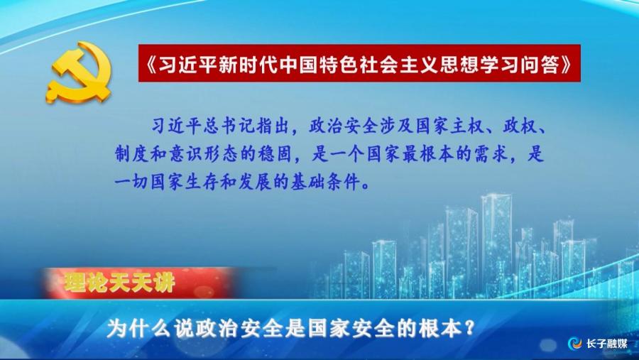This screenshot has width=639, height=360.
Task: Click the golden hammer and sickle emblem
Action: coord(78,72)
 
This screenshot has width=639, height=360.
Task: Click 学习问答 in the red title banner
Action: coord(519,64)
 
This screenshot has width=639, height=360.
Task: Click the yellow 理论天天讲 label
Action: coord(119,282)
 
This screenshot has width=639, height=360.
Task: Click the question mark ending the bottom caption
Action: coord(469,329)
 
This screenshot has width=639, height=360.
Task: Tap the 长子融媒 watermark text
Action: coord(607,343)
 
